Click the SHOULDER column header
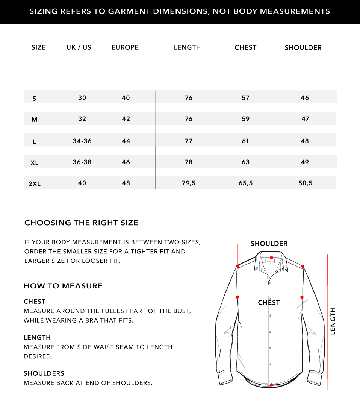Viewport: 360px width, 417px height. coord(303,48)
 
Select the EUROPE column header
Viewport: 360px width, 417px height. coord(125,47)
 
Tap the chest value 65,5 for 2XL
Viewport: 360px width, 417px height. coord(245,183)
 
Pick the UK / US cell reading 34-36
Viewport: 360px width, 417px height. coord(82,141)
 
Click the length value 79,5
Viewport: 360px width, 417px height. coord(188,183)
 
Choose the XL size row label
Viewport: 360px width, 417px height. coord(35,163)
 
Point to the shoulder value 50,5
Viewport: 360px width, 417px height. coord(305,183)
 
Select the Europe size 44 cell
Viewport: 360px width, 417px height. coord(126,141)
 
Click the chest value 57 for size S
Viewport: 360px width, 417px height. coord(245,98)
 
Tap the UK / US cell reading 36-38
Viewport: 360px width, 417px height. coord(82,162)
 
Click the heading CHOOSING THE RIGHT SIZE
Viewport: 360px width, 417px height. coord(81,223)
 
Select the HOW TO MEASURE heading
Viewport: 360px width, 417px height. coord(63,286)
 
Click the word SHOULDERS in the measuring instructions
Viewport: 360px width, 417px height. coord(44,373)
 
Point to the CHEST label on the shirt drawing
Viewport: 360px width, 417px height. coord(269,303)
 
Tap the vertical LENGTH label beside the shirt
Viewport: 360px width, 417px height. coord(333,321)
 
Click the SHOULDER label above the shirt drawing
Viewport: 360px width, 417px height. coord(269,244)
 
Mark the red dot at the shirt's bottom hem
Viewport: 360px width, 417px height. coord(271,385)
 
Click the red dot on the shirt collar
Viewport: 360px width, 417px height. coord(271,258)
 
